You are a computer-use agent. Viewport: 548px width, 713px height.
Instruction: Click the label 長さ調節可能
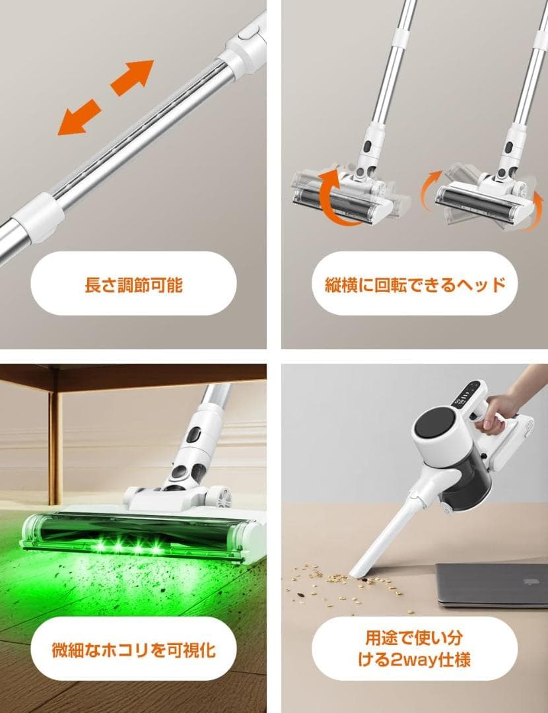point(133,285)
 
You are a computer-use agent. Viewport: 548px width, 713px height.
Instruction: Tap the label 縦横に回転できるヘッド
point(415,285)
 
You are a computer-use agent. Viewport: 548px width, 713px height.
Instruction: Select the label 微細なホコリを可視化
point(133,650)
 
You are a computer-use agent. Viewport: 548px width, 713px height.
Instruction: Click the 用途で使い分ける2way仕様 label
point(415,649)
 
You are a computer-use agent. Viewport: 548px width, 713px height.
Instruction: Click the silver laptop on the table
point(492,584)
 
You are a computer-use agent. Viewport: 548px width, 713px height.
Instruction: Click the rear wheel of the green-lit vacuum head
point(220,496)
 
